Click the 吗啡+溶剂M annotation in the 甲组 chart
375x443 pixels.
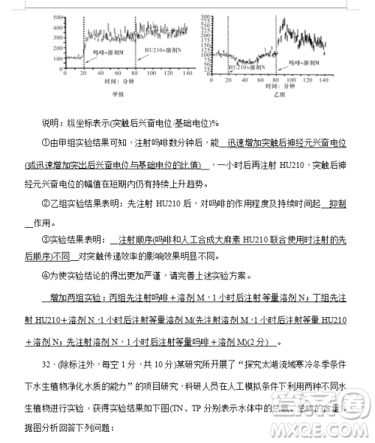pos(103,52)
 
